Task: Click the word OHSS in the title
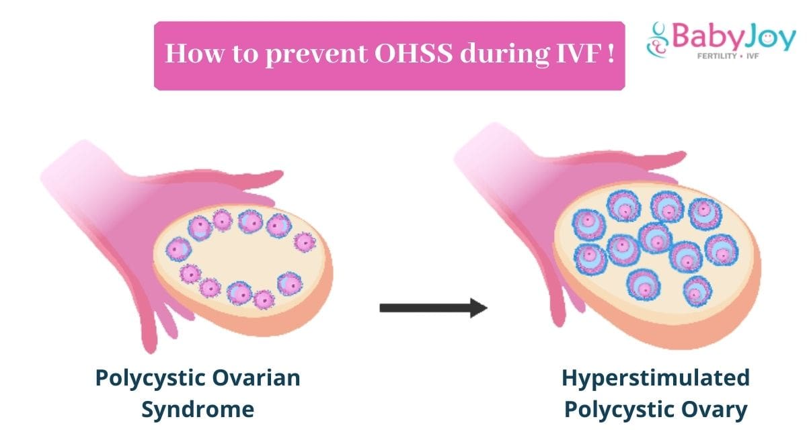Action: click(413, 54)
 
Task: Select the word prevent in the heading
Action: click(316, 55)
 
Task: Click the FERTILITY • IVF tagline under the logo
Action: click(728, 56)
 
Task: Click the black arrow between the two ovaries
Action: click(433, 308)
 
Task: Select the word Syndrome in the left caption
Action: click(198, 410)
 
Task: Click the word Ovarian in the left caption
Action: click(256, 378)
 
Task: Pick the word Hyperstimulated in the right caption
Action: click(655, 379)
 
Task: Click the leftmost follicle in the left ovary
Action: click(178, 249)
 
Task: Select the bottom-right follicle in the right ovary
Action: click(697, 292)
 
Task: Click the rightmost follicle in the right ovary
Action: click(721, 250)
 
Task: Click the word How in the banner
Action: click(194, 54)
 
